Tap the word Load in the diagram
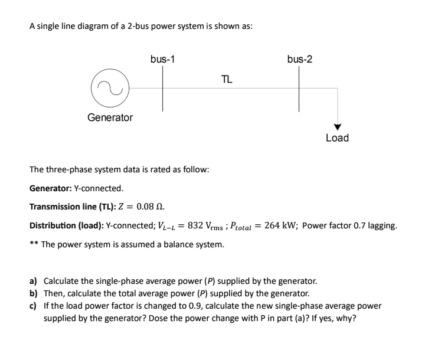click(x=337, y=138)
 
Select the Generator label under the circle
click(x=110, y=117)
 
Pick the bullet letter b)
click(x=34, y=293)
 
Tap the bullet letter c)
click(x=34, y=306)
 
